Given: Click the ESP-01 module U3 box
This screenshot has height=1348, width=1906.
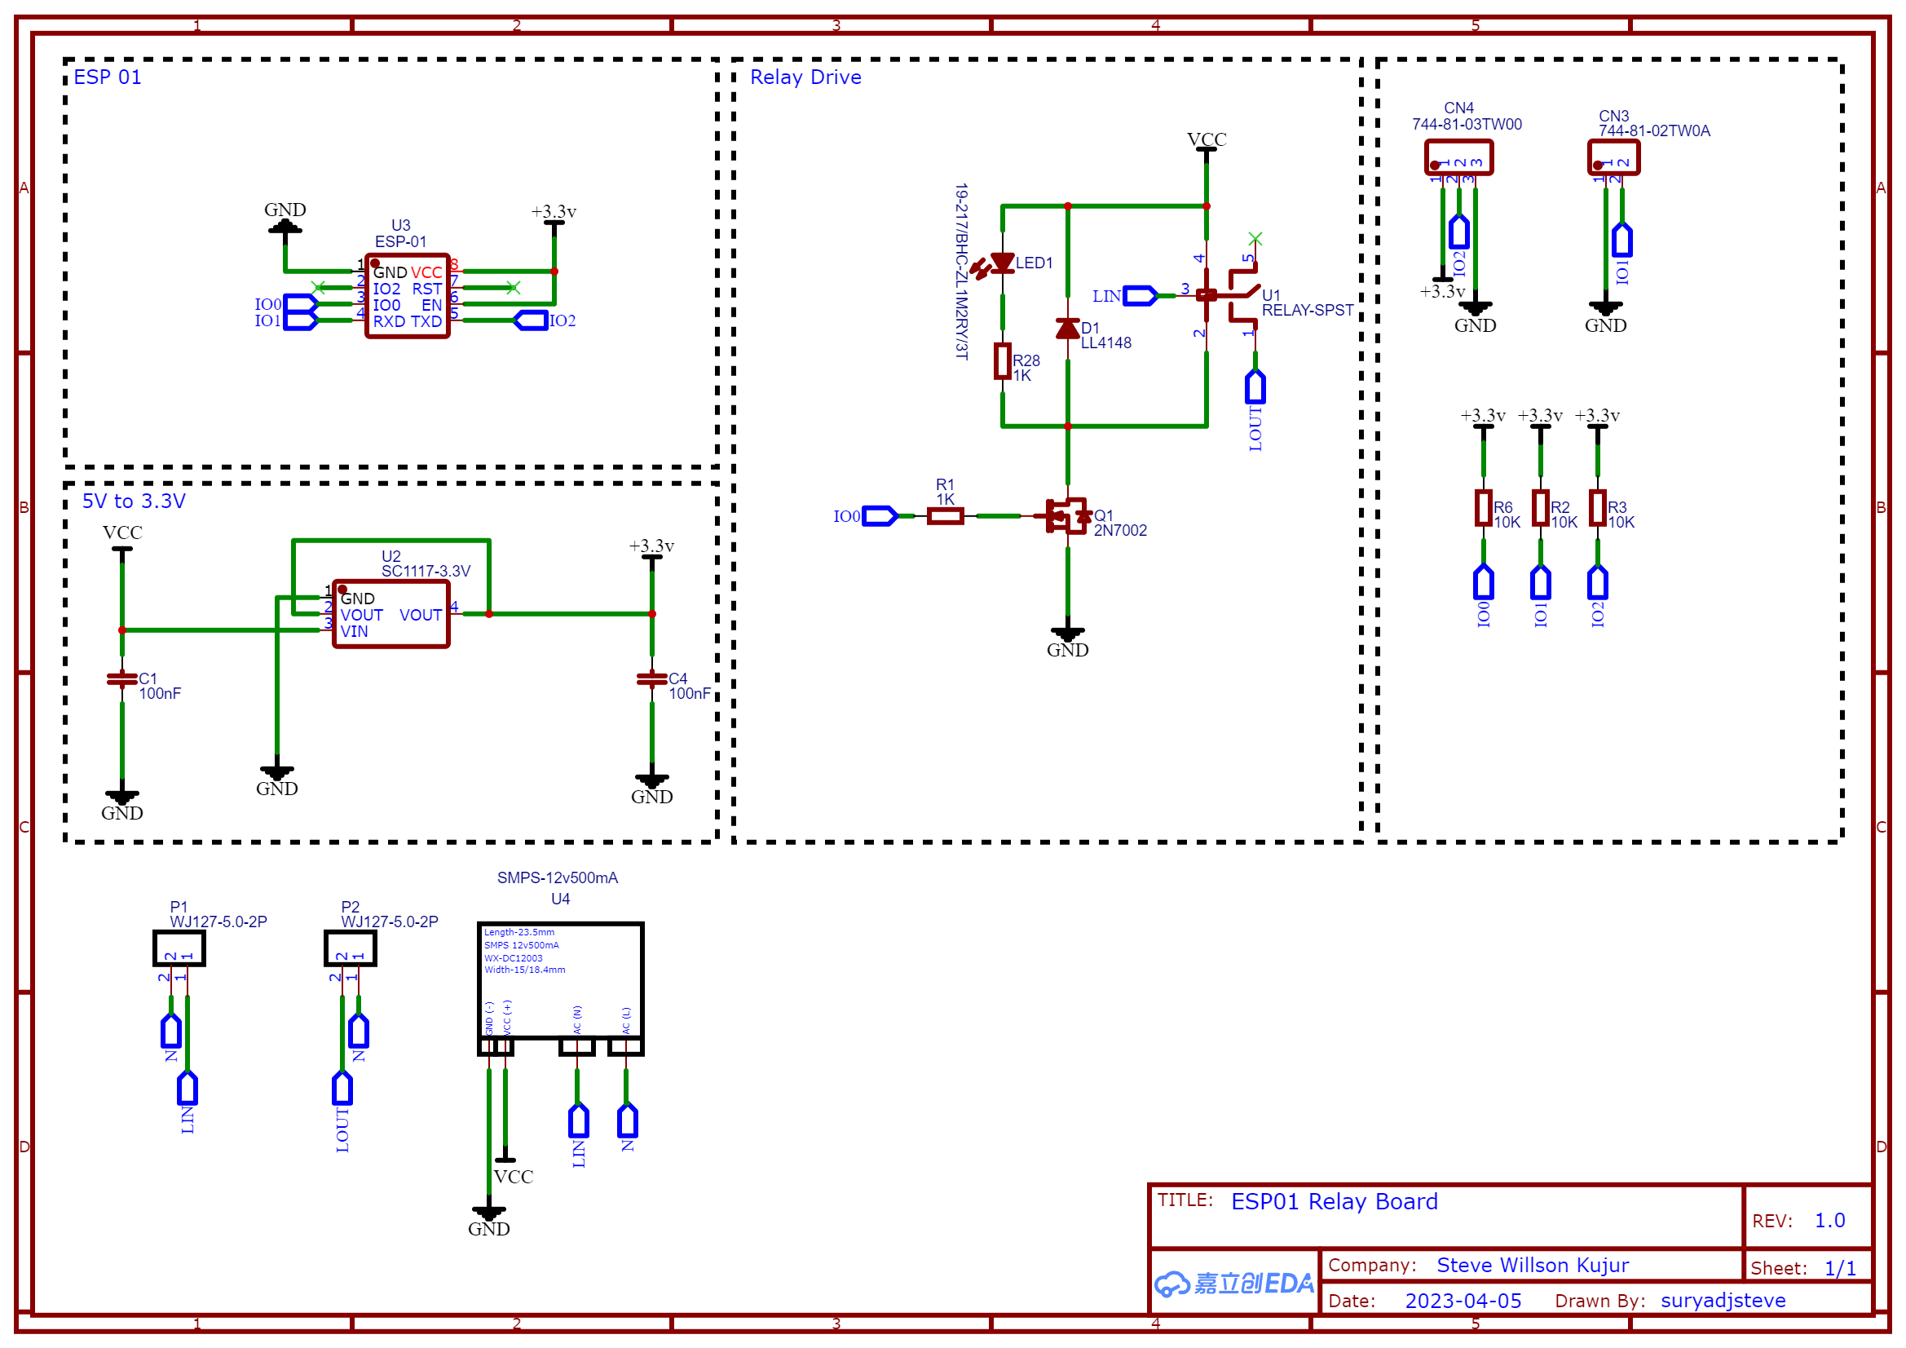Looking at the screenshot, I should point(407,297).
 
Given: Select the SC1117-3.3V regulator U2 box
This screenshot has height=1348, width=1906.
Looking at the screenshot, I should point(390,614).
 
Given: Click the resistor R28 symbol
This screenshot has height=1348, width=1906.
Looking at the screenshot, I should point(1003,361).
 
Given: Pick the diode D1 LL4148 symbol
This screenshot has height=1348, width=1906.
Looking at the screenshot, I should point(1068,329).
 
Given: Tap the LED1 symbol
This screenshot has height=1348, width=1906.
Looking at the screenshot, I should point(1002,263).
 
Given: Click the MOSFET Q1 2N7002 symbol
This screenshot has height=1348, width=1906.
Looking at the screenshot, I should point(1067,515).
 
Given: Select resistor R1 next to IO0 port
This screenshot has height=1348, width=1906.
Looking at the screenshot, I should point(945,516).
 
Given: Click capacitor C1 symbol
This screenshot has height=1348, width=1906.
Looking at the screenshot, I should point(122,679).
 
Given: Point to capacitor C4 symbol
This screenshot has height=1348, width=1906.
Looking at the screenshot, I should point(651,679).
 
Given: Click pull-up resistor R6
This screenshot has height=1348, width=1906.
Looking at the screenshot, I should point(1484,507).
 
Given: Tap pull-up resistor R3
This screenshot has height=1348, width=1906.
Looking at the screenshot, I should point(1597,507).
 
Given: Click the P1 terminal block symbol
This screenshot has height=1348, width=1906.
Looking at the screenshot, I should point(179,948).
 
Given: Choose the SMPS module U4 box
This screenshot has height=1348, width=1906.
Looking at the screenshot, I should point(560,980).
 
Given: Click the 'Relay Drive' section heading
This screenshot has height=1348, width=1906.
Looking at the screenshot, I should point(805,77).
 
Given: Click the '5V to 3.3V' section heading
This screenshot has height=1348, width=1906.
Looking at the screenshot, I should point(134,501).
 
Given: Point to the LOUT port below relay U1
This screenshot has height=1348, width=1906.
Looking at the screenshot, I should point(1255,388).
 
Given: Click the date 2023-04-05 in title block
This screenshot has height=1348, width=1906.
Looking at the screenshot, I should point(1463,1301).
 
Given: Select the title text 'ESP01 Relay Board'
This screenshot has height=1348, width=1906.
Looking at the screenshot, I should point(1334,1201).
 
